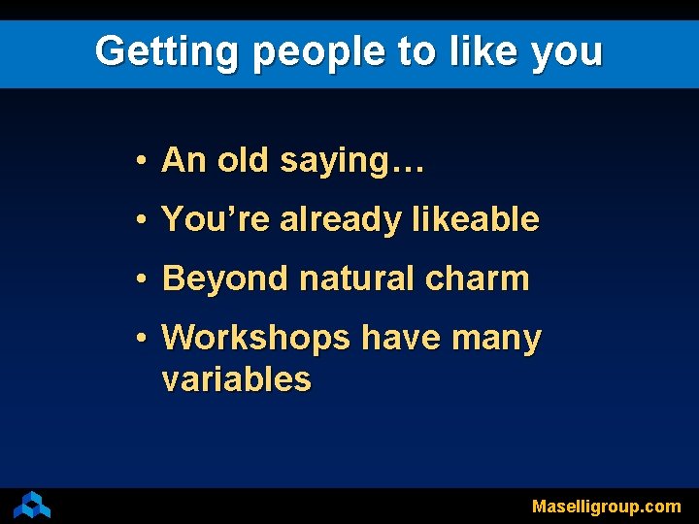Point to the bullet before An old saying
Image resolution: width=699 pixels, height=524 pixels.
point(142,160)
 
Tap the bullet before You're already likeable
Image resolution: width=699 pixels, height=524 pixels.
point(142,220)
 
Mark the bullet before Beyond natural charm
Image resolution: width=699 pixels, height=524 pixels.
point(142,279)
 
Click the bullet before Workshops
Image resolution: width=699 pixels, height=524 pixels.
point(142,339)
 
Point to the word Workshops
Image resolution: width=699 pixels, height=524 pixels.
point(256,339)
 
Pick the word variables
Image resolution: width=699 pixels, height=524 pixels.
point(236,379)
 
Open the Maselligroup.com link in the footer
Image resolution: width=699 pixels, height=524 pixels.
point(606,507)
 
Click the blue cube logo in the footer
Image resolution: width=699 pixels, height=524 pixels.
point(32,505)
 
